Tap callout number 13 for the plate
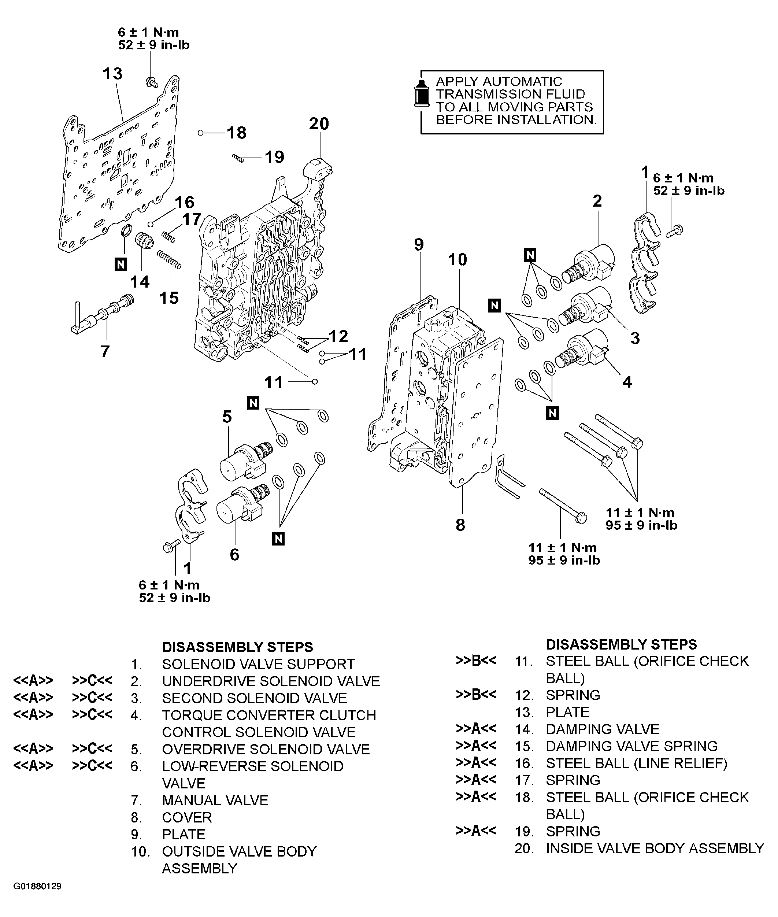coord(112,74)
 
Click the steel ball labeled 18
coord(201,132)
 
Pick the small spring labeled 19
coord(238,158)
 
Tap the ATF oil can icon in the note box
coord(422,93)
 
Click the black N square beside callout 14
coord(121,264)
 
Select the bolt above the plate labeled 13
coord(151,82)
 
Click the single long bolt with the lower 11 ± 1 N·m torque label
coord(562,506)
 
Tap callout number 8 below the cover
coord(460,525)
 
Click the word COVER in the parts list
coord(187,818)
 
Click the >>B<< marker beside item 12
coord(476,695)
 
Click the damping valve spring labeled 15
coord(169,259)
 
